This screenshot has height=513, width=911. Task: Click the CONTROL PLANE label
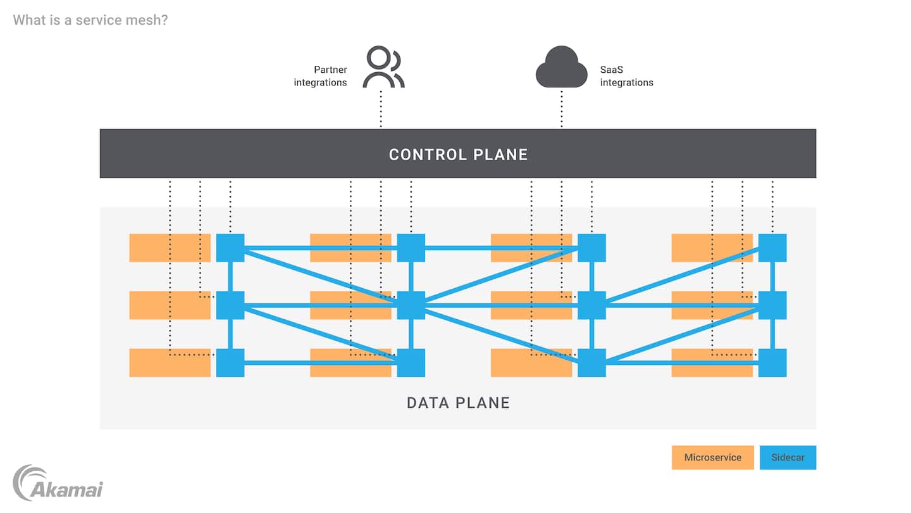click(458, 155)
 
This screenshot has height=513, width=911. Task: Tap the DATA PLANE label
click(458, 403)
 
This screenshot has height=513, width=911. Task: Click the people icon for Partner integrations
click(383, 67)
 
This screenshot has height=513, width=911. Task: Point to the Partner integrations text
click(321, 76)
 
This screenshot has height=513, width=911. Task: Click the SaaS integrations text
click(626, 76)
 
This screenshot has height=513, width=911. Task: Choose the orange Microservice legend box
click(712, 457)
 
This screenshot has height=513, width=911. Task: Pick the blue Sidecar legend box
click(788, 457)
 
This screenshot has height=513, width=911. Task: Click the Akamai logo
click(58, 483)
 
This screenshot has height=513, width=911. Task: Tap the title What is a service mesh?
click(90, 20)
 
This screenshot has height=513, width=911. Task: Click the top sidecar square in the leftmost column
click(230, 248)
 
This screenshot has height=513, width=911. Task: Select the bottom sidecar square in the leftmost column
click(230, 363)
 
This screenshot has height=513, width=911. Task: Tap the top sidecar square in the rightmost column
click(772, 248)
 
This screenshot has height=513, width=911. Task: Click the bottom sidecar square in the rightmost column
click(772, 363)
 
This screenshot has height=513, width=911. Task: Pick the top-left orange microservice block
click(170, 248)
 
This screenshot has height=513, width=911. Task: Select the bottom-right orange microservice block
click(712, 363)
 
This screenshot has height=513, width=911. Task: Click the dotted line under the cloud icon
click(562, 108)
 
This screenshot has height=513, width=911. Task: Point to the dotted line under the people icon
click(381, 108)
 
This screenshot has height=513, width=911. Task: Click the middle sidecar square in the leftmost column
click(230, 305)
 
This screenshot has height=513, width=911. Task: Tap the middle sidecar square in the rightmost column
click(772, 305)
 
